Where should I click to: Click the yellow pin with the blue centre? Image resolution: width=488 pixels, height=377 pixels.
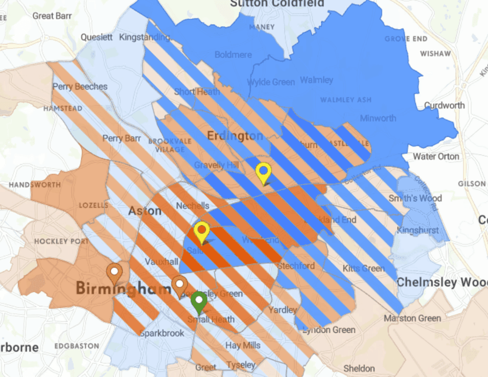pos(263,172)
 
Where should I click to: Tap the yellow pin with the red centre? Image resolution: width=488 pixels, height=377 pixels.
pos(202,231)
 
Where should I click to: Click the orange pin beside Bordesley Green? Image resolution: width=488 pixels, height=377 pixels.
pos(179,285)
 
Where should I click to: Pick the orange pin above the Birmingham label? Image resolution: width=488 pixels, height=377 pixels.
pos(115,273)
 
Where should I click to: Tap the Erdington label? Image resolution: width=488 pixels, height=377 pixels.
pos(235,136)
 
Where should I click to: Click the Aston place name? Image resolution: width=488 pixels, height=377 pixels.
pos(145,211)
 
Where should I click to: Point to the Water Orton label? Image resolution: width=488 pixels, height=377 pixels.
pos(436,157)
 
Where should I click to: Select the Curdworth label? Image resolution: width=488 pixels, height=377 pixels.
pos(444,105)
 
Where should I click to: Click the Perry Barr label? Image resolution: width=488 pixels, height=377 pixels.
pos(121,138)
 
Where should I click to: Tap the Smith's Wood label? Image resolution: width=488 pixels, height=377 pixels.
pos(415,198)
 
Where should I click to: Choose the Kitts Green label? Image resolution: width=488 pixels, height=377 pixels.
pos(364,268)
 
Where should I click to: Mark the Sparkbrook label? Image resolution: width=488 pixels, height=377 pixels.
pos(162,333)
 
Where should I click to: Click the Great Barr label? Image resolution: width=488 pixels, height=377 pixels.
pos(53,16)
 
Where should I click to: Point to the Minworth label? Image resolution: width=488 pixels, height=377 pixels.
pos(378,118)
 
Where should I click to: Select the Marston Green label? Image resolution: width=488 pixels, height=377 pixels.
pos(412,318)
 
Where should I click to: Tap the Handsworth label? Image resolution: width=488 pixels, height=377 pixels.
pos(35,185)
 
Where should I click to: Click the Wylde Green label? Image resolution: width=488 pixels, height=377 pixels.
pos(271,82)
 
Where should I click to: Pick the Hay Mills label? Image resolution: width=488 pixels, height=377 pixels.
pos(243,346)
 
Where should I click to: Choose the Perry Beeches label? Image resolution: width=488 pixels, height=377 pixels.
pos(80,87)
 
